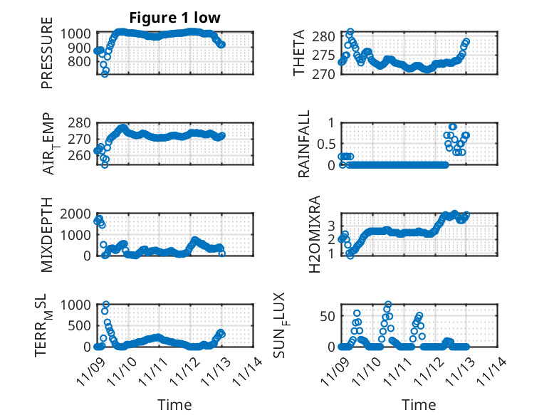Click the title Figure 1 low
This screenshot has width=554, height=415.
(174, 18)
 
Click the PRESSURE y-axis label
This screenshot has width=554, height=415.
(47, 58)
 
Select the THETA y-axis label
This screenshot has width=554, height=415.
(299, 53)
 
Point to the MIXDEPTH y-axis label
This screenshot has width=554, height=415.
(47, 233)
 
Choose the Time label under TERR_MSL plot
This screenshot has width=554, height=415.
(174, 404)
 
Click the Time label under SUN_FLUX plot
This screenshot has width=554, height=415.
(419, 404)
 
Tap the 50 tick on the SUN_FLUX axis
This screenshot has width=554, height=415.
(326, 315)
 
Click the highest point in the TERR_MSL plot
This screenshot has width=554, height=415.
(106, 305)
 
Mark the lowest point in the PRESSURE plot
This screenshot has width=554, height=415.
(105, 73)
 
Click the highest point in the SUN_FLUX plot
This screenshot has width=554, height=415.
(388, 304)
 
